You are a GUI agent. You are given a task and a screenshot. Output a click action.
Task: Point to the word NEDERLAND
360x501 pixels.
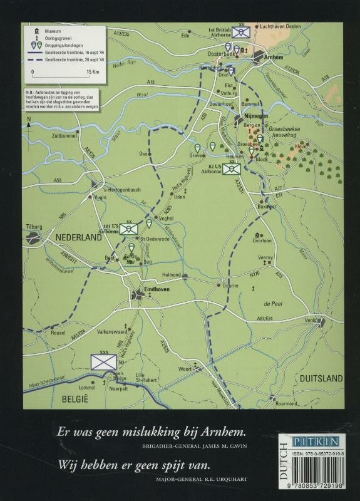(x=78, y=238)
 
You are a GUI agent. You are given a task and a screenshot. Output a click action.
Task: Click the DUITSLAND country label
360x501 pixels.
(x=321, y=378)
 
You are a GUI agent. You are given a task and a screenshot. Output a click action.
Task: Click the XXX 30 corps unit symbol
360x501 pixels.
(x=101, y=362)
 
